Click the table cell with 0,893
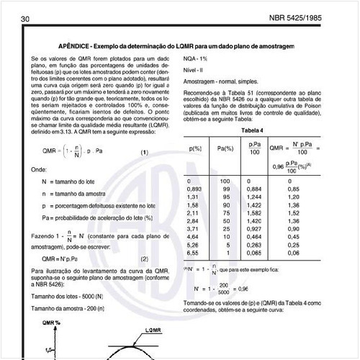(193, 188)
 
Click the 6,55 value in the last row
(191, 253)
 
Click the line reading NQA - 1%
(196, 57)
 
